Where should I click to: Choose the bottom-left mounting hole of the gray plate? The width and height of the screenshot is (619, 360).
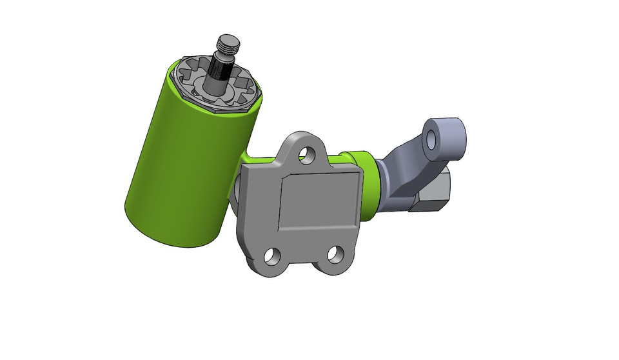273,256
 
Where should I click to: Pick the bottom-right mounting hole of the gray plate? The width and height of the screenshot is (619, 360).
335,254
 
